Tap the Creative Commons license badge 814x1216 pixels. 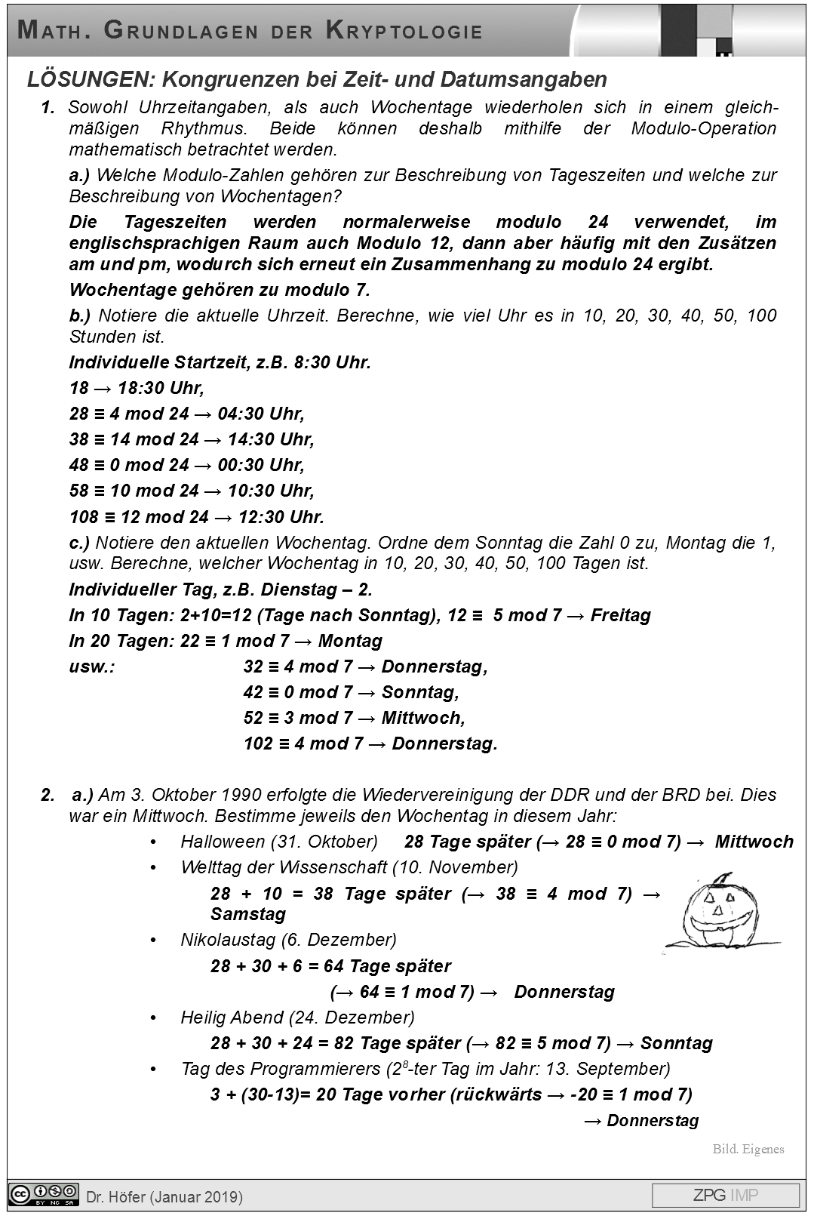(44, 1195)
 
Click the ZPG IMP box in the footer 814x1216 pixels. (725, 1195)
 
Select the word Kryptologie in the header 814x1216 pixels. (404, 31)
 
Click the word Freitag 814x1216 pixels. (620, 615)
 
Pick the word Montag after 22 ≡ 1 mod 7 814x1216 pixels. (350, 641)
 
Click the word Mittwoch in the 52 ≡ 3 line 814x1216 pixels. (422, 718)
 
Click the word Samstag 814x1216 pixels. (248, 914)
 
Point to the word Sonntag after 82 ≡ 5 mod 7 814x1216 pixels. (676, 1043)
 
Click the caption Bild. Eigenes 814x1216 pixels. (748, 1149)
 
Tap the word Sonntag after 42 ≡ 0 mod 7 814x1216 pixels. (419, 692)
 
